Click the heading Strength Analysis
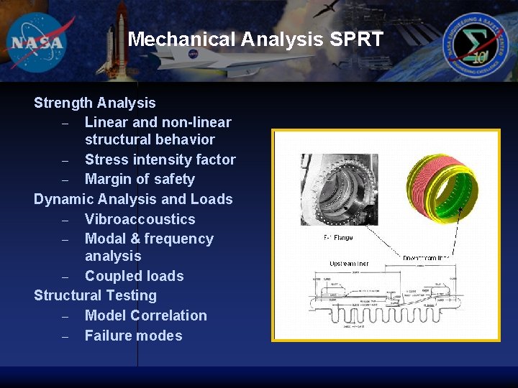pos(94,103)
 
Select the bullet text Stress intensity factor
pos(160,160)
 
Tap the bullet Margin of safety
pos(140,179)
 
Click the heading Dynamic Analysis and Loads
pos(133,199)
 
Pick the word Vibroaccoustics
pos(140,219)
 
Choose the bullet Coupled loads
pos(134,276)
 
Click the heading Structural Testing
pos(95,295)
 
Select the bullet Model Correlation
pos(145,315)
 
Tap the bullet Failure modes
pos(133,336)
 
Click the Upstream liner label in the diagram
pos(349,264)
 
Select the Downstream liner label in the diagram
pos(427,257)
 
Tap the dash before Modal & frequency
pos(65,239)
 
